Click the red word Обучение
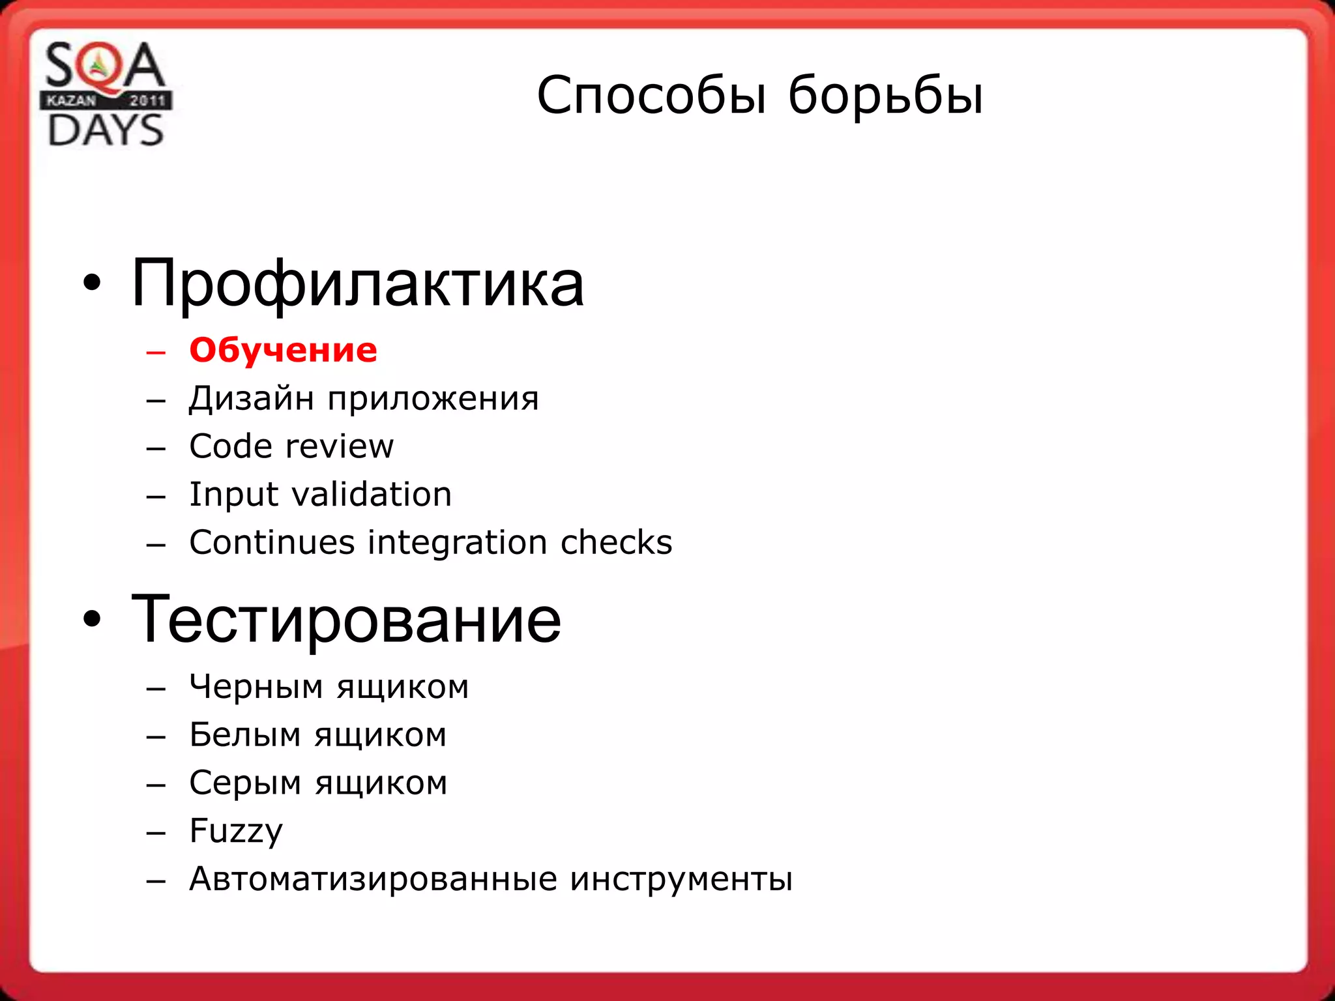coord(283,351)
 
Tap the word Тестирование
coord(345,619)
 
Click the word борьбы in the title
coord(885,95)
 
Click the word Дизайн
coord(251,398)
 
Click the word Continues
coord(272,542)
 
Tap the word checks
coord(616,542)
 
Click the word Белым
coord(245,735)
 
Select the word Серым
coord(246,783)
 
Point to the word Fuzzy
coord(236,832)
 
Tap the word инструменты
coord(681,879)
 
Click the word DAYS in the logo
coord(106,130)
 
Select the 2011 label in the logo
coord(147,100)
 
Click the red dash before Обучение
coord(156,353)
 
